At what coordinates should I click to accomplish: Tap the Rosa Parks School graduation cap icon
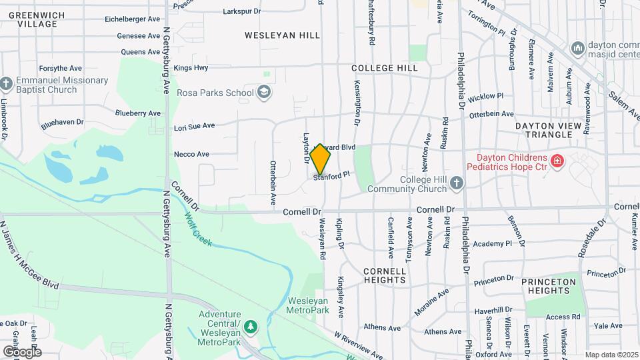coord(264,92)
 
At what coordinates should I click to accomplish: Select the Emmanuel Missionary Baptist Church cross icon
coord(7,84)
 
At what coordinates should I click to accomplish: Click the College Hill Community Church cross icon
coord(457,183)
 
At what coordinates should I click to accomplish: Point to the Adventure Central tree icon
coord(251,327)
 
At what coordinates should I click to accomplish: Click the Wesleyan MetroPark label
coord(307,305)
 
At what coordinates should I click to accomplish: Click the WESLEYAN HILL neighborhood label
coord(282,35)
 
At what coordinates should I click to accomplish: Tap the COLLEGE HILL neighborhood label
coord(385,68)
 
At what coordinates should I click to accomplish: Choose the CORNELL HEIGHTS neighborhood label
coord(385,275)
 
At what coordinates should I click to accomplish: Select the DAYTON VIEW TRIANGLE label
coord(543,129)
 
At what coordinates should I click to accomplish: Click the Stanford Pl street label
coord(332,177)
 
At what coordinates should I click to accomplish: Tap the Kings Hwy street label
coord(191,68)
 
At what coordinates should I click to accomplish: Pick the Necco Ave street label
coord(191,154)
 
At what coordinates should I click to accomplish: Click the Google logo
coord(22,351)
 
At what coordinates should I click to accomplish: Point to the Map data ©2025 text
coord(611,355)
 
